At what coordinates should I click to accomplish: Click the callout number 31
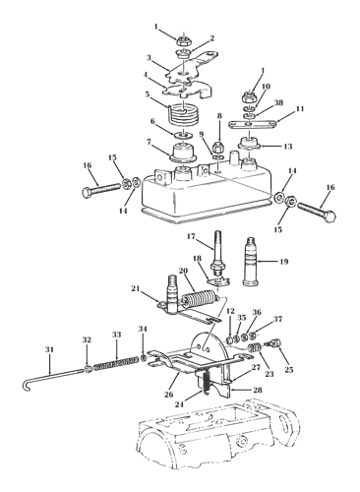(x=49, y=350)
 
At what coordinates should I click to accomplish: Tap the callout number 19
(x=284, y=262)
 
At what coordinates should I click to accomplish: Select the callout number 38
(x=278, y=102)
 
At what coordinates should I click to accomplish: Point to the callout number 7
(x=149, y=143)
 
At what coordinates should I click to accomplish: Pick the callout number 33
(x=117, y=335)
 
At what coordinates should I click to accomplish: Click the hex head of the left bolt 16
(x=87, y=193)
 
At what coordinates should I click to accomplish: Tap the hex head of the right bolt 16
(x=330, y=216)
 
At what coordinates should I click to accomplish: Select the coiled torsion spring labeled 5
(x=183, y=114)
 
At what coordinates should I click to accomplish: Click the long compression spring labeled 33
(x=116, y=364)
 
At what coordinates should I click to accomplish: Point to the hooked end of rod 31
(x=26, y=386)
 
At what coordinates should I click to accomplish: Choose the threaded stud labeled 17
(x=218, y=254)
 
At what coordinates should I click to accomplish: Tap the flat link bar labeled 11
(x=250, y=124)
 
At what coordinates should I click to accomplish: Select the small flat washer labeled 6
(x=183, y=134)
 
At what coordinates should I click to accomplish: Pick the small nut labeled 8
(x=218, y=148)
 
